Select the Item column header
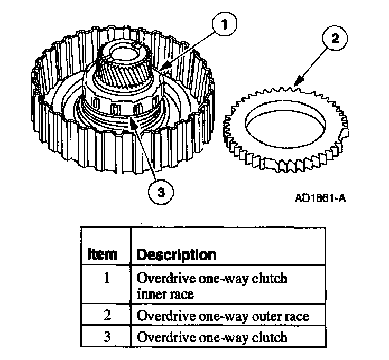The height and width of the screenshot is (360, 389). (x=102, y=254)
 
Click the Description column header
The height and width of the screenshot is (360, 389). (x=176, y=254)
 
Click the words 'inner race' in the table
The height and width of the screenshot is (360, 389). (x=165, y=293)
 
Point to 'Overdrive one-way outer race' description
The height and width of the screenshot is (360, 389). (x=223, y=317)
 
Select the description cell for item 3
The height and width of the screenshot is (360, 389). (x=212, y=337)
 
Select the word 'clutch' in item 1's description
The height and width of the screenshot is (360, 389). (x=271, y=279)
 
